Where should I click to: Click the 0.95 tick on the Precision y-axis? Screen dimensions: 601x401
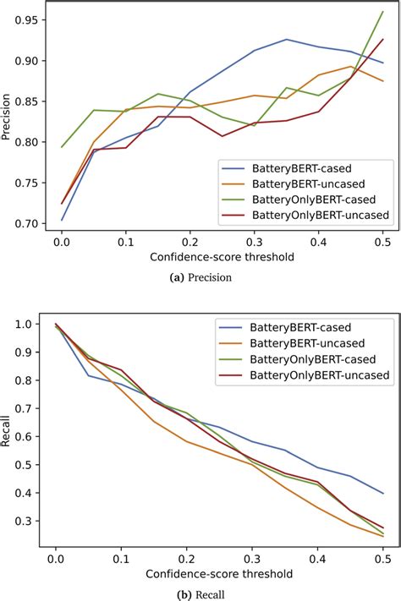30,20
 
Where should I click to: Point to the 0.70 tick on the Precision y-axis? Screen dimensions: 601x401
30,223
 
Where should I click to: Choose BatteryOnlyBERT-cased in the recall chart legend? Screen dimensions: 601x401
310,358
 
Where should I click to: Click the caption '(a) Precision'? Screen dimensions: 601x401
200,276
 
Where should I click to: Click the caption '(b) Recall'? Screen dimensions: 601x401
200,593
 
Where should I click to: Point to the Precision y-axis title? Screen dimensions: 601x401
9,122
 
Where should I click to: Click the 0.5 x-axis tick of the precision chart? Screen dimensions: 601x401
382,241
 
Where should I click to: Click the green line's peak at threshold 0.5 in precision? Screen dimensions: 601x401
382,12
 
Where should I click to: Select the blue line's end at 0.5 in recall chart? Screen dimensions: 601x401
382,494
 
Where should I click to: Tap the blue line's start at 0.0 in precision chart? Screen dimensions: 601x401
62,220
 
